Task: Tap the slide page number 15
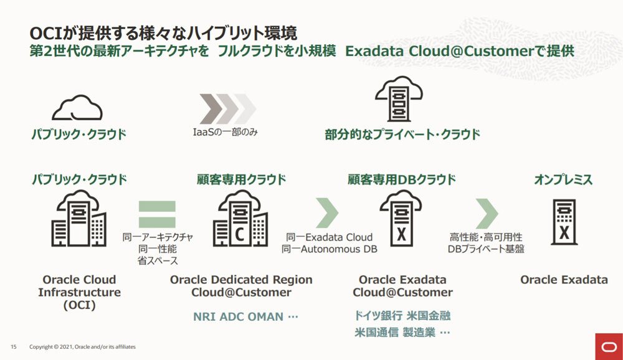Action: click(x=13, y=346)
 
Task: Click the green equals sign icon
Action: click(x=157, y=214)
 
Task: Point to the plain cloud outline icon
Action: click(x=77, y=108)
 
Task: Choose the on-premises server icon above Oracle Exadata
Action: click(x=563, y=222)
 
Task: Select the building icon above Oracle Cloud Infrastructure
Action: click(x=79, y=218)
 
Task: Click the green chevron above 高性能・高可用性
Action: click(x=487, y=214)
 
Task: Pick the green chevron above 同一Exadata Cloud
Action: click(x=327, y=213)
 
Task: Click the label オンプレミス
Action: click(x=563, y=180)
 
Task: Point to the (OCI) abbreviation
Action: click(x=79, y=306)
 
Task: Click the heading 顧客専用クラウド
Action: click(x=241, y=180)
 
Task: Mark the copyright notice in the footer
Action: click(x=82, y=346)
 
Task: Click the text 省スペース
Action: click(x=158, y=260)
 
